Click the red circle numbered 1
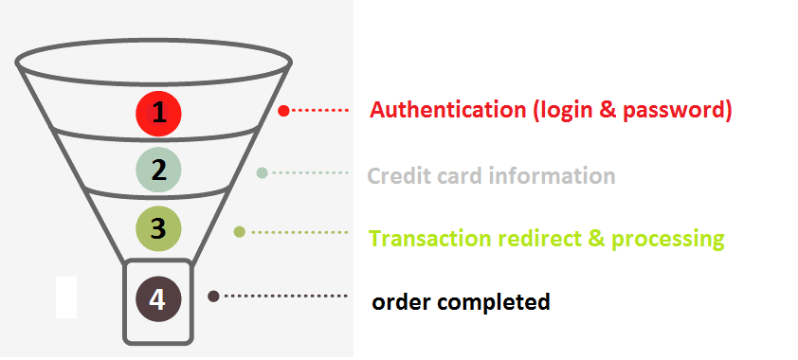pos(158,113)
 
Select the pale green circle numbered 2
pos(158,170)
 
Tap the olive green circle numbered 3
pos(158,228)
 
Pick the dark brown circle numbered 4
pos(158,299)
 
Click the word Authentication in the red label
pos(448,110)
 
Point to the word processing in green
pos(668,239)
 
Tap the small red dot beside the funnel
pos(283,111)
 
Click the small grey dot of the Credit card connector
pos(263,172)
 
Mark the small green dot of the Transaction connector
pos(240,231)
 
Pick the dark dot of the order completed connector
pos(214,297)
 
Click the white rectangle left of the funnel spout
pos(66,297)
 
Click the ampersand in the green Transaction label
pos(595,239)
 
